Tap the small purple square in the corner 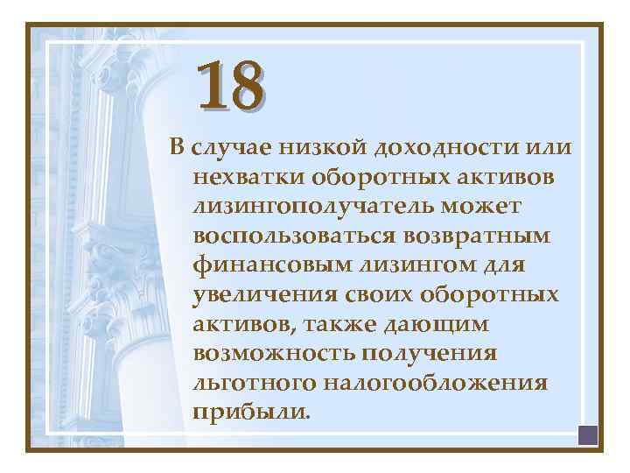pyautogui.click(x=587, y=434)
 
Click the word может pyautogui.click(x=491, y=206)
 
